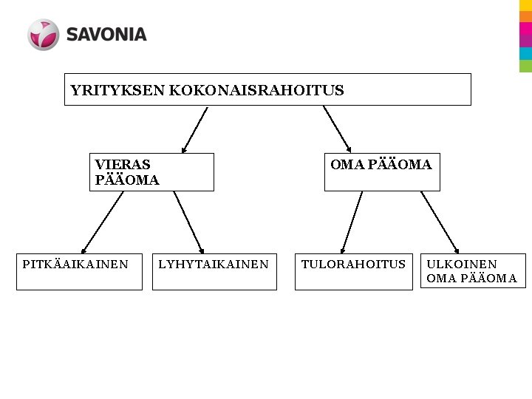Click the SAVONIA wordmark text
(x=106, y=35)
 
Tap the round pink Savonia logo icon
(x=43, y=35)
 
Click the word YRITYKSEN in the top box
(x=117, y=91)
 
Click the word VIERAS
(x=123, y=165)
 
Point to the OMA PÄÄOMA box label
(x=381, y=165)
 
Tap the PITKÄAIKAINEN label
(x=75, y=264)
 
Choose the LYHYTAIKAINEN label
(x=214, y=264)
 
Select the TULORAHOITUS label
(x=353, y=264)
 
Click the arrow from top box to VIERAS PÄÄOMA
(x=194, y=129)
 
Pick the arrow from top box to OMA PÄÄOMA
(x=337, y=129)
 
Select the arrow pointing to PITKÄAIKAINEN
(x=102, y=222)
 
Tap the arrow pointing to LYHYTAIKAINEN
(x=188, y=222)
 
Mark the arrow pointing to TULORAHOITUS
(x=352, y=222)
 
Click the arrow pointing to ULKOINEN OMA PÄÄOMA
(x=440, y=222)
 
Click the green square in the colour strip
(x=525, y=66)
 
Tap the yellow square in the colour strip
(x=525, y=5)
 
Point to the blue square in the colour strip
(x=525, y=53)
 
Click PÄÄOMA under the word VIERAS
(x=127, y=180)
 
